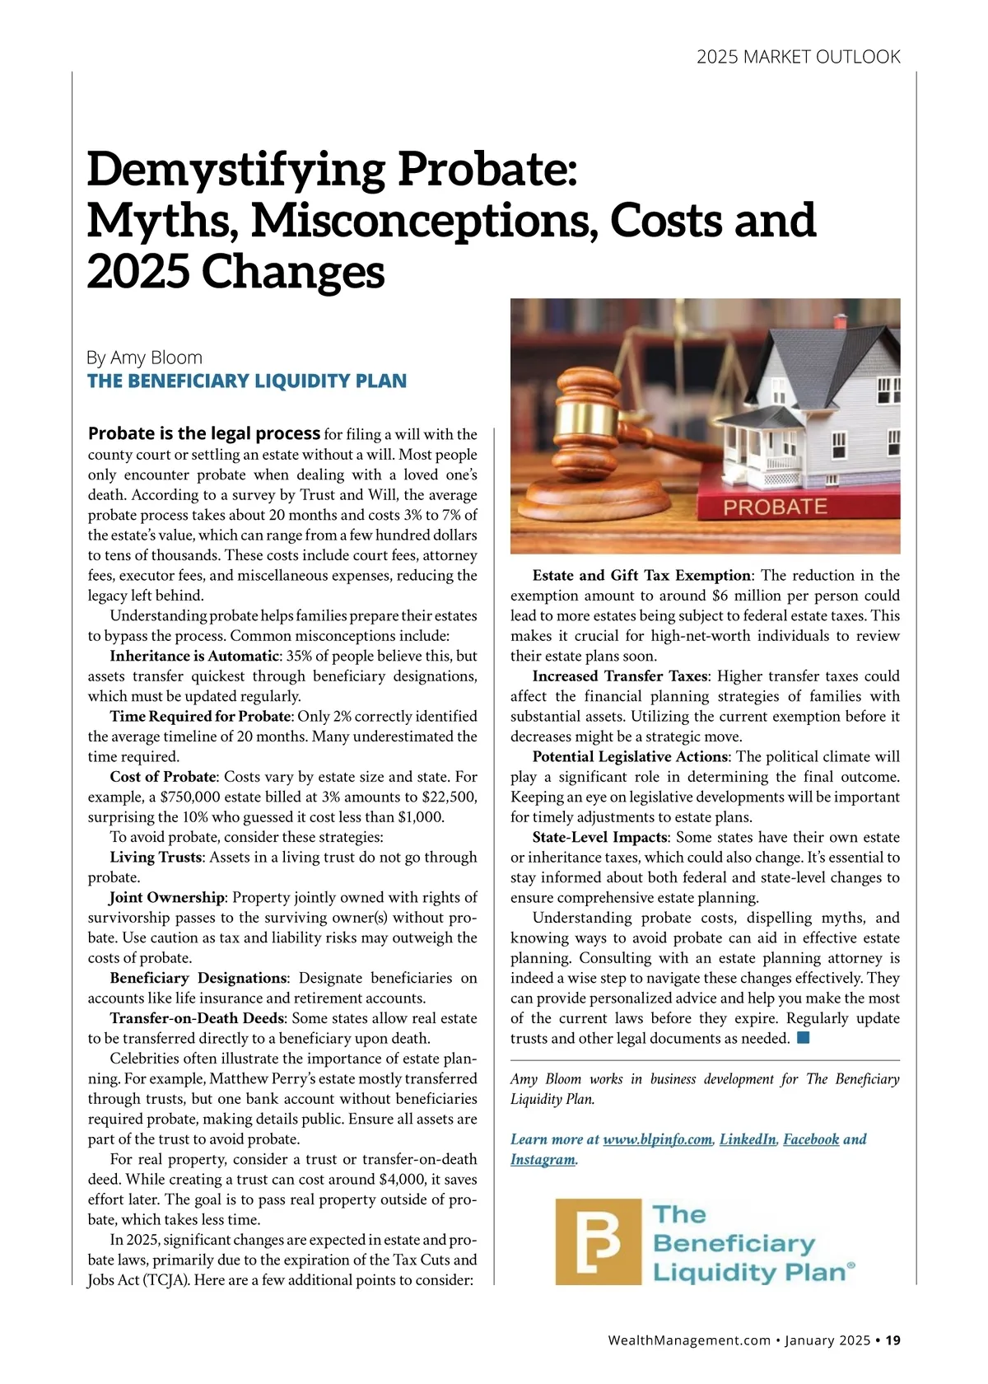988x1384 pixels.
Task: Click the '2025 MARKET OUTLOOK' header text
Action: (x=798, y=57)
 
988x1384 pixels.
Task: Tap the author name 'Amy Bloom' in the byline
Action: (x=156, y=358)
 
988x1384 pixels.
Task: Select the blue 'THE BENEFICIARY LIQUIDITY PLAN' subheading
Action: (x=247, y=381)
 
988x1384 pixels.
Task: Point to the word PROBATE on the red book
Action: (x=775, y=506)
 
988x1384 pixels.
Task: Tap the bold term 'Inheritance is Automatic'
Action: (x=194, y=656)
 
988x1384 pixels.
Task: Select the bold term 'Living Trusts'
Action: (x=156, y=857)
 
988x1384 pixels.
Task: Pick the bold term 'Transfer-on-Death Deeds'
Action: (x=198, y=1018)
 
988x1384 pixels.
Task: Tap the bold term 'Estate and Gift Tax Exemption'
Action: (x=641, y=575)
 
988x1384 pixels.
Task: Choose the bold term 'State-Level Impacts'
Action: (x=599, y=837)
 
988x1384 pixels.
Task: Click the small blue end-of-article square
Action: (x=804, y=1037)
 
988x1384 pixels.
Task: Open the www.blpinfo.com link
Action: (x=657, y=1139)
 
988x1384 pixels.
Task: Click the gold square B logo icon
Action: (x=598, y=1241)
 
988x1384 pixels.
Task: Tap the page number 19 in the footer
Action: (x=893, y=1340)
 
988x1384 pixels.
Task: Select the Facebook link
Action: (x=811, y=1139)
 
